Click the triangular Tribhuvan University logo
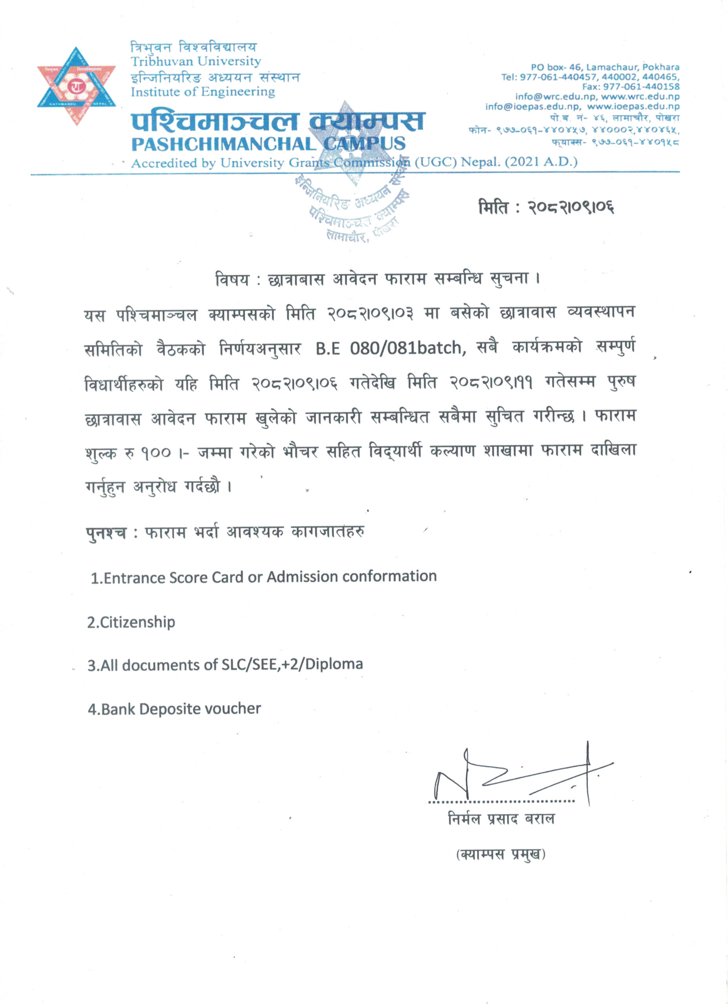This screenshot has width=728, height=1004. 76,85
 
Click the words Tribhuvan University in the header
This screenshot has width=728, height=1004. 196,61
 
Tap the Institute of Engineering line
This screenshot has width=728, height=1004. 203,92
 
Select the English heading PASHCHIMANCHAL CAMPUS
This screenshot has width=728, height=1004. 268,144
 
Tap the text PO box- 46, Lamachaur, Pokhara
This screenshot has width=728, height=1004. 605,67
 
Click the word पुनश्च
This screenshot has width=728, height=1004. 106,533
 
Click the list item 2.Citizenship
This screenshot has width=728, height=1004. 131,622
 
